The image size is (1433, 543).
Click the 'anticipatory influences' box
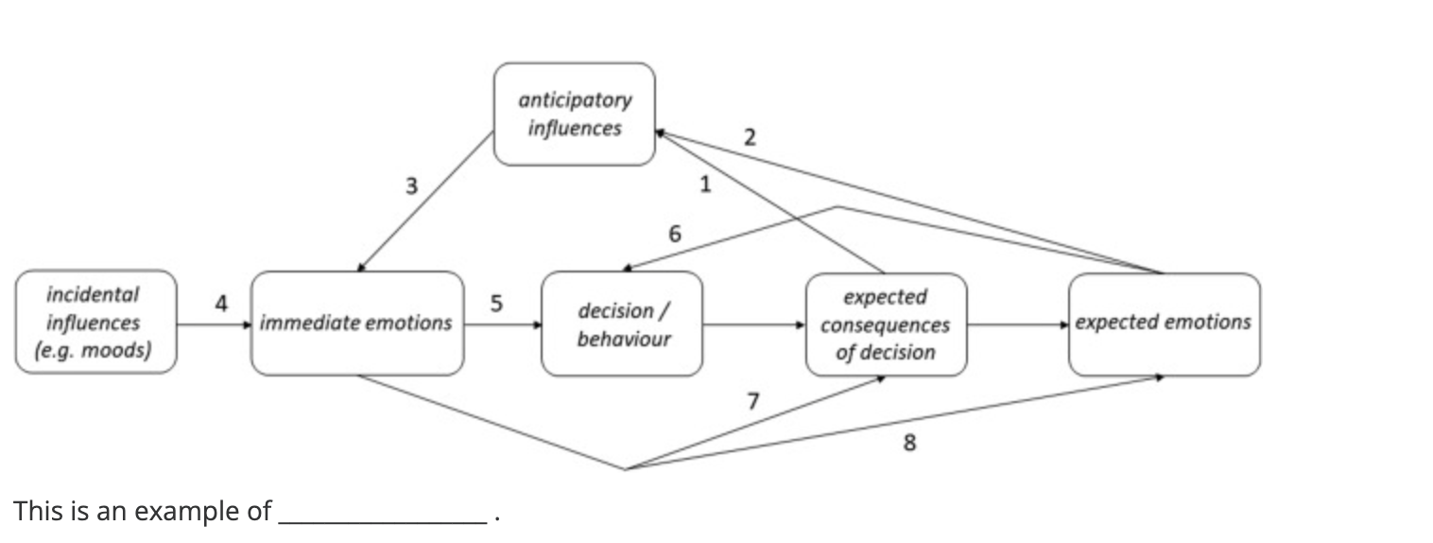[x=574, y=114]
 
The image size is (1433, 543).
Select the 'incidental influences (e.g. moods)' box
[x=95, y=323]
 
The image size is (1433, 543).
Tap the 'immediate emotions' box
[x=356, y=324]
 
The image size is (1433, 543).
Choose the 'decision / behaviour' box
[x=623, y=324]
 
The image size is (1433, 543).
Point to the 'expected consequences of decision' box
[x=886, y=324]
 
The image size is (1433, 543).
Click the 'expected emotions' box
[x=1164, y=324]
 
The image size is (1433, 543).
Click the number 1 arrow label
[x=704, y=184]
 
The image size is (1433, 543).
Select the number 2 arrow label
[x=750, y=137]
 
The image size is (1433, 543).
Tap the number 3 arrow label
[x=411, y=186]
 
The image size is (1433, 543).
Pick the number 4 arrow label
[x=221, y=304]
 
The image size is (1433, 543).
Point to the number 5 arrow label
[x=496, y=304]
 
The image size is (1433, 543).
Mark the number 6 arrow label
[x=674, y=234]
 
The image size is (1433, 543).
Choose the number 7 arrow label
[x=752, y=401]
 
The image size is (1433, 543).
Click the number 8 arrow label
[x=909, y=442]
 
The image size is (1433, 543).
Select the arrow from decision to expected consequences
[x=753, y=324]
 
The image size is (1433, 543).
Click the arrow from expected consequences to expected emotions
[x=1018, y=324]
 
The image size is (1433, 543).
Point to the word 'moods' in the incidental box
[x=112, y=351]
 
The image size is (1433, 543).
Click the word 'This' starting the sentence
[x=36, y=511]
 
